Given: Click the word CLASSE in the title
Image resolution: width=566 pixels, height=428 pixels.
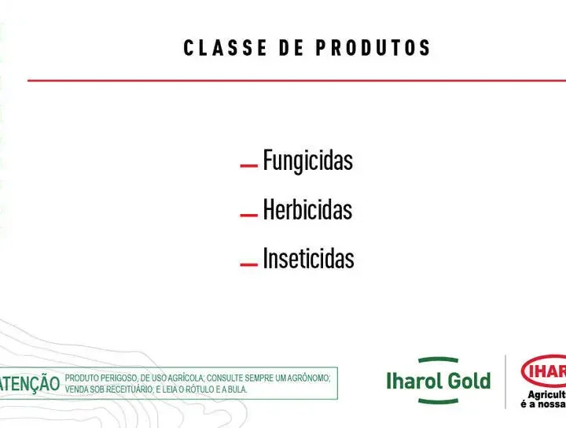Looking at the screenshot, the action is [x=226, y=48].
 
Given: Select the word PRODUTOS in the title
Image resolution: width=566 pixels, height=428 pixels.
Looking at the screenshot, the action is [x=373, y=48].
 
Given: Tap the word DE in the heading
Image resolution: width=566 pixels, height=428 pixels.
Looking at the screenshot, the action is [x=292, y=48].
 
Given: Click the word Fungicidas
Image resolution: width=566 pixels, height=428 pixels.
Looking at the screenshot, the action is [x=308, y=160].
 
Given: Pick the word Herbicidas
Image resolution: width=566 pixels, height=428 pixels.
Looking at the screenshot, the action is [x=307, y=209].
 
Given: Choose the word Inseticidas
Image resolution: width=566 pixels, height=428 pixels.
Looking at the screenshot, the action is [x=309, y=259].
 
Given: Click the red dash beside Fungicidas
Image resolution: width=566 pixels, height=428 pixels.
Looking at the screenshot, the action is [x=248, y=166].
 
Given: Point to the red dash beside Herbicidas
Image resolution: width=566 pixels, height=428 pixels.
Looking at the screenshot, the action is [x=248, y=216].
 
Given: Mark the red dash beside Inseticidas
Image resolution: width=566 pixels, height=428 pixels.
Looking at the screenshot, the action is [x=248, y=264].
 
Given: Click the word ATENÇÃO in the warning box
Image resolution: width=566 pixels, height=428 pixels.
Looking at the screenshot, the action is [x=30, y=383].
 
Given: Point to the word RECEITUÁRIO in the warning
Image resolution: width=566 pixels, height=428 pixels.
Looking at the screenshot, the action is [x=130, y=389].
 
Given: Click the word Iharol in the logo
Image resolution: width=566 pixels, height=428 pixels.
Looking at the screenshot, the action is [x=413, y=381].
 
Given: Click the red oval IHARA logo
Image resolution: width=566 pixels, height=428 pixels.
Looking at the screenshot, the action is [x=544, y=371].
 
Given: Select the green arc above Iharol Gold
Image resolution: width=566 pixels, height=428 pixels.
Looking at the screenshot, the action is [x=438, y=360].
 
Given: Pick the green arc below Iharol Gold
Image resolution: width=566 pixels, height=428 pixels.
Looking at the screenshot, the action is [x=438, y=401].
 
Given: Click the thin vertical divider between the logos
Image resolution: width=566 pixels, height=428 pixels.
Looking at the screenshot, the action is [x=505, y=382].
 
